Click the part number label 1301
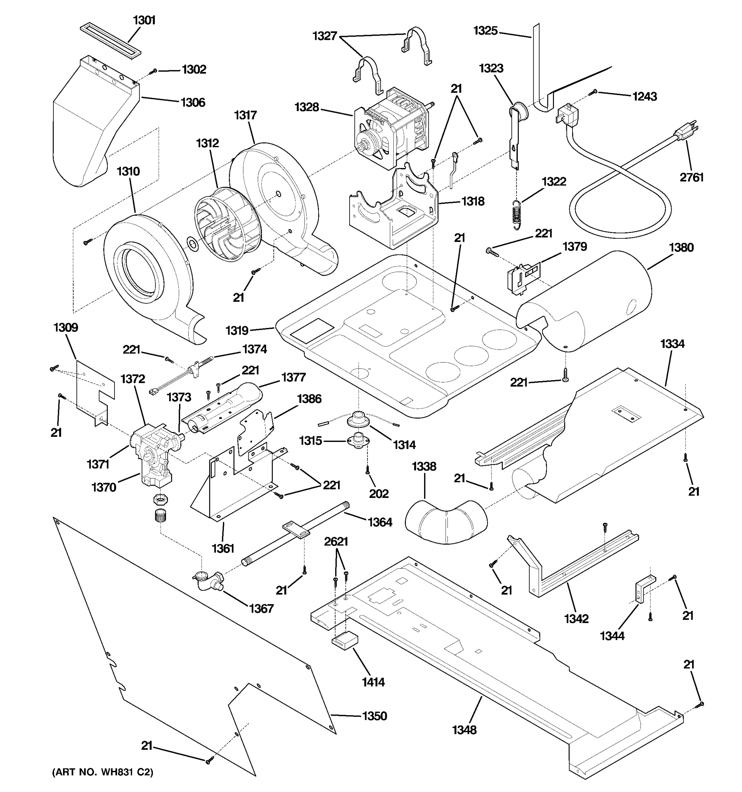(x=144, y=20)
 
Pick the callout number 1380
(x=681, y=247)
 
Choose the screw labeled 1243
(x=595, y=92)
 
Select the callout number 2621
(x=336, y=542)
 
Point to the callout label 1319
(x=237, y=330)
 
